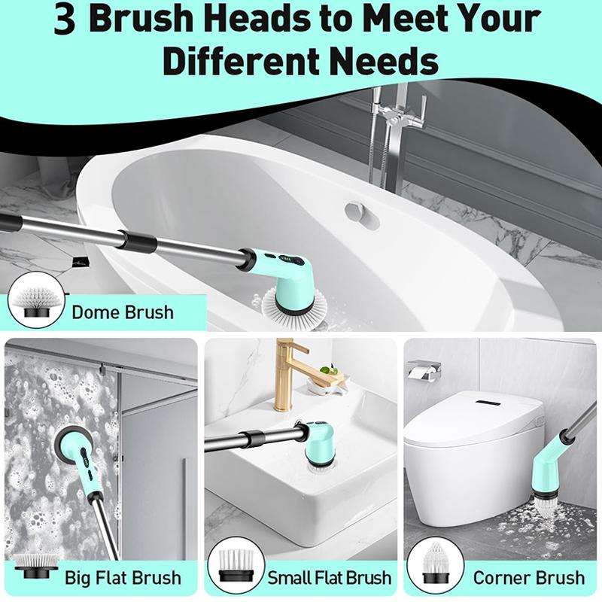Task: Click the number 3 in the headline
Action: coord(66,20)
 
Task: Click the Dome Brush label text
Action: coord(123,312)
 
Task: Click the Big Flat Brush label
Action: coord(123,578)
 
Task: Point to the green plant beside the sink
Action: coord(330,371)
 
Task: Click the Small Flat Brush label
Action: coord(330,578)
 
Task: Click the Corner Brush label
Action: coord(528,578)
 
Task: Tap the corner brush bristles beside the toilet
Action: coord(544,505)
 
